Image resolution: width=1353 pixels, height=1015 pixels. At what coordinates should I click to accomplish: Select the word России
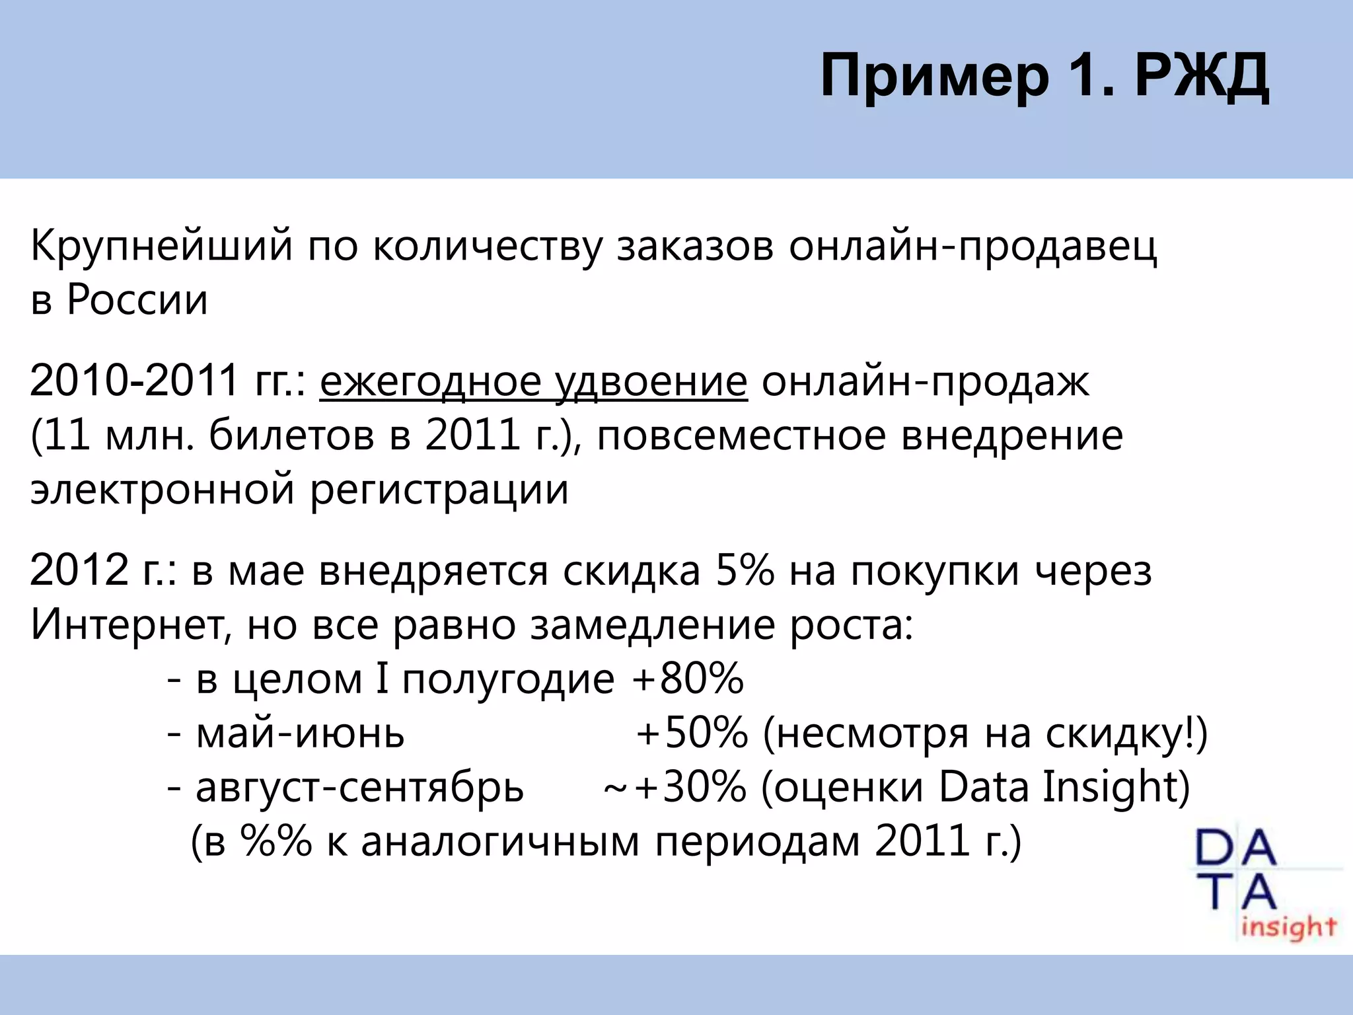tap(137, 300)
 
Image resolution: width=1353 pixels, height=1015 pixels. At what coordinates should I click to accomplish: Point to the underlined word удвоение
tap(651, 382)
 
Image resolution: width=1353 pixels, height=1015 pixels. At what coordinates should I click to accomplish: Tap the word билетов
tap(291, 436)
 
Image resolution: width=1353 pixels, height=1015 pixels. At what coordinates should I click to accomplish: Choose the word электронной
tap(162, 490)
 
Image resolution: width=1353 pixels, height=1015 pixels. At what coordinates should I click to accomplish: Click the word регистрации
tap(439, 490)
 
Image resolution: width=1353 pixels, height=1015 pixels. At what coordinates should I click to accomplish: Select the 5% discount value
tap(745, 571)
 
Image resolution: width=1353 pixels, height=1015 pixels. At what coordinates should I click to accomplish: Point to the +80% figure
tap(688, 679)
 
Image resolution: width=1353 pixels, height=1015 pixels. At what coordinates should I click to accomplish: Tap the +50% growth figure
tap(692, 733)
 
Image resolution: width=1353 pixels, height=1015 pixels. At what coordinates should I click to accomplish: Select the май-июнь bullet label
tap(300, 733)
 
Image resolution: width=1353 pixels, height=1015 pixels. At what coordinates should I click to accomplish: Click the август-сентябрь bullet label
tap(359, 788)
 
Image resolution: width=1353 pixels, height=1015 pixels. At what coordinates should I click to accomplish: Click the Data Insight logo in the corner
tap(1265, 885)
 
